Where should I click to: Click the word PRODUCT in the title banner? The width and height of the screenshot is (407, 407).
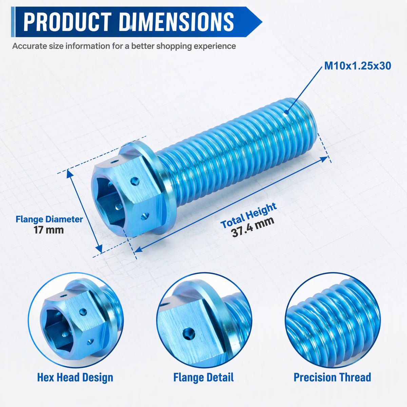(67, 22)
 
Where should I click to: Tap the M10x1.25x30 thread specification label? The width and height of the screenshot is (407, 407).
(357, 66)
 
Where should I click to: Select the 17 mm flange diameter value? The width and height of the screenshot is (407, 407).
(49, 230)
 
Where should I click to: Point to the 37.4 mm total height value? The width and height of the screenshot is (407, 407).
(253, 227)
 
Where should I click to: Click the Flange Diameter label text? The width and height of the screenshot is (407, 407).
(49, 219)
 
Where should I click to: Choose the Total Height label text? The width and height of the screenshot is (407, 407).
(248, 215)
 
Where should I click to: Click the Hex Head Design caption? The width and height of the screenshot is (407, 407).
(75, 377)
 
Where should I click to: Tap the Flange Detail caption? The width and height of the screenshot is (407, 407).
(203, 377)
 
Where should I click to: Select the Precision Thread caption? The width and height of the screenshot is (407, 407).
(332, 377)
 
